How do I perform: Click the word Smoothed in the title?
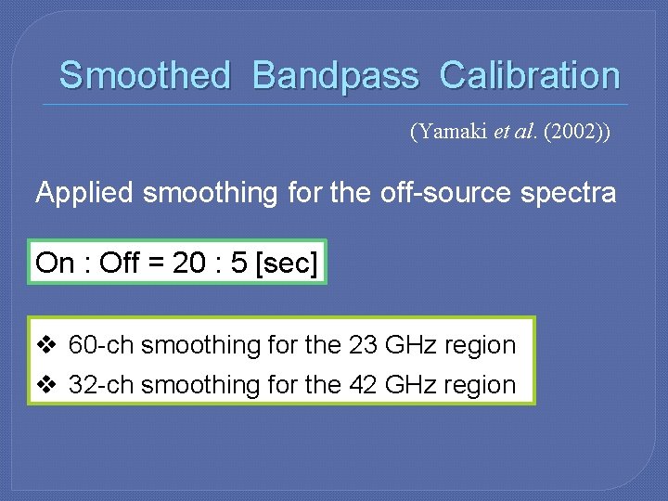pos(144,75)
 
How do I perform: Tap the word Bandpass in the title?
pos(335,75)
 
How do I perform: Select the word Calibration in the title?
pos(530,75)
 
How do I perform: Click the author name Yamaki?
pos(452,132)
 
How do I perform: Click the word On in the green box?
pos(55,263)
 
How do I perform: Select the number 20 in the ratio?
pos(189,263)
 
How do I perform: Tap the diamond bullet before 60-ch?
pos(46,345)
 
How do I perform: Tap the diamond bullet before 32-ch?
pos(46,384)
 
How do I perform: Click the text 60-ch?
pos(101,345)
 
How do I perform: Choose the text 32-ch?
pos(101,384)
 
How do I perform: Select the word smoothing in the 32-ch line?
pos(200,385)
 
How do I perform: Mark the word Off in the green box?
pos(118,263)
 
